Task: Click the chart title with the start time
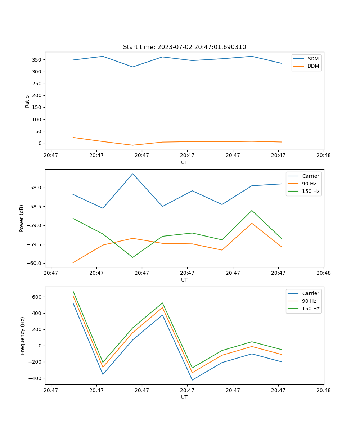tap(184, 47)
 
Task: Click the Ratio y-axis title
tap(27, 101)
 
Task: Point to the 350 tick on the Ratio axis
tap(37, 60)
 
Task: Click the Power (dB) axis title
tap(22, 218)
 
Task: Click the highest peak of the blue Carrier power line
tap(132, 174)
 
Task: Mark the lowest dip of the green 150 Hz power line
tap(132, 257)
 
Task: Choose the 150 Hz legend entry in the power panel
tap(310, 191)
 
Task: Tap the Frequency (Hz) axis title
tap(23, 336)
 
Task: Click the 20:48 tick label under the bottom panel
tap(323, 390)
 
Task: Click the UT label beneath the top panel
tap(184, 162)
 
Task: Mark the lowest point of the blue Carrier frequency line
tap(192, 380)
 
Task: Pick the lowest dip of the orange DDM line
tap(132, 145)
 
